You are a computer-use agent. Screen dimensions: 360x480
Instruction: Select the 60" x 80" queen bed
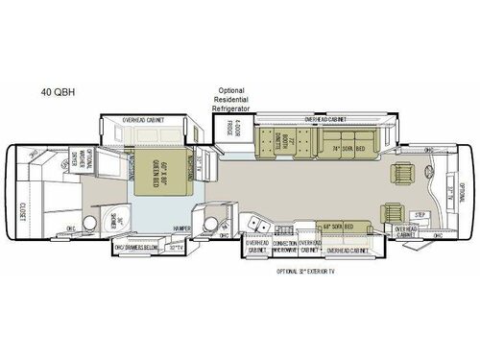coord(157,174)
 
